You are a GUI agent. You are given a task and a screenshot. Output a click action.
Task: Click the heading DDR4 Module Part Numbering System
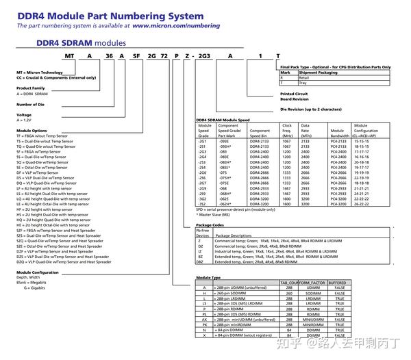pos(109,15)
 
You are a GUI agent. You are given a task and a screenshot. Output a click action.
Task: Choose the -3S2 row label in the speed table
pos(203,203)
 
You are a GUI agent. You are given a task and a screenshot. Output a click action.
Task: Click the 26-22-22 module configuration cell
pos(363,203)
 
